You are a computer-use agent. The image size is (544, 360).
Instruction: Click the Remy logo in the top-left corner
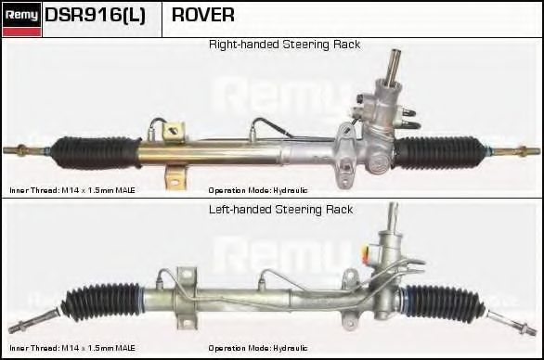coord(21,16)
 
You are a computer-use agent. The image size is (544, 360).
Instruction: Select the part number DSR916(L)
coord(95,16)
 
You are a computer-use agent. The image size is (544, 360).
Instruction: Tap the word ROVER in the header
coord(202,16)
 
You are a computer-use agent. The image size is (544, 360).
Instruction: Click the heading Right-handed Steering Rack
coord(284,45)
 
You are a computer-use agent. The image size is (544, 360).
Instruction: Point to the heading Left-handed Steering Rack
coord(280,210)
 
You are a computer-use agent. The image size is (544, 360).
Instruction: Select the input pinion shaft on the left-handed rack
coord(394,223)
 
